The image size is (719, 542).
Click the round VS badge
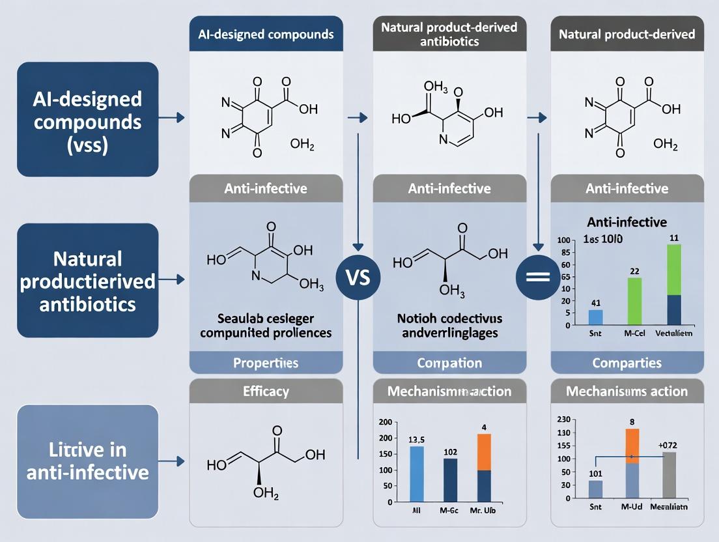tap(357, 278)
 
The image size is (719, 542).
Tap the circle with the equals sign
tap(537, 278)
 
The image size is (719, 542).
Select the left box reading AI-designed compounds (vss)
tap(87, 119)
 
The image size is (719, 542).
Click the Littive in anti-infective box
tap(87, 461)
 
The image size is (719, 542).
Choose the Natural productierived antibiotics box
tap(87, 280)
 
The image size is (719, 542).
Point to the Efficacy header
tap(266, 392)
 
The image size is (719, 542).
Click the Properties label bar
tap(266, 362)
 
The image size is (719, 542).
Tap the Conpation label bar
tap(449, 362)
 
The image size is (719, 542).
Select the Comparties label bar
tap(627, 362)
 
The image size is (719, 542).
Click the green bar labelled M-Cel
tap(634, 301)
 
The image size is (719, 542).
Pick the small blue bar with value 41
tap(595, 317)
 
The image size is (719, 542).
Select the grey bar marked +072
tap(670, 475)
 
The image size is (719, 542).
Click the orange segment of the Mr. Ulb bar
tap(484, 452)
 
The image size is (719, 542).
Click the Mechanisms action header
tap(627, 392)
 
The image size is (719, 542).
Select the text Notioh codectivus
tap(449, 319)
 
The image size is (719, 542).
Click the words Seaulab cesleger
tap(266, 319)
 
